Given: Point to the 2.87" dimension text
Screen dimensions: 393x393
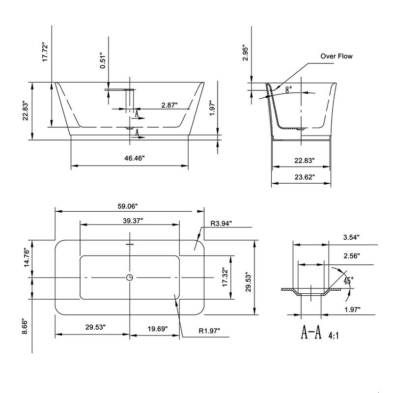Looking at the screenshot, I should [169, 105].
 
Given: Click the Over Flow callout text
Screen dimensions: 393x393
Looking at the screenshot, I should [337, 56].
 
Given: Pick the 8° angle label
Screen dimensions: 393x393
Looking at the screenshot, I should [288, 89].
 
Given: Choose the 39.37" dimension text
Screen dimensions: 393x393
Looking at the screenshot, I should [132, 221].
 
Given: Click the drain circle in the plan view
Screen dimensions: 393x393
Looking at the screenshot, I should [129, 278].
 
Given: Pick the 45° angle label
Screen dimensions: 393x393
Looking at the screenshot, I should [347, 281].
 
